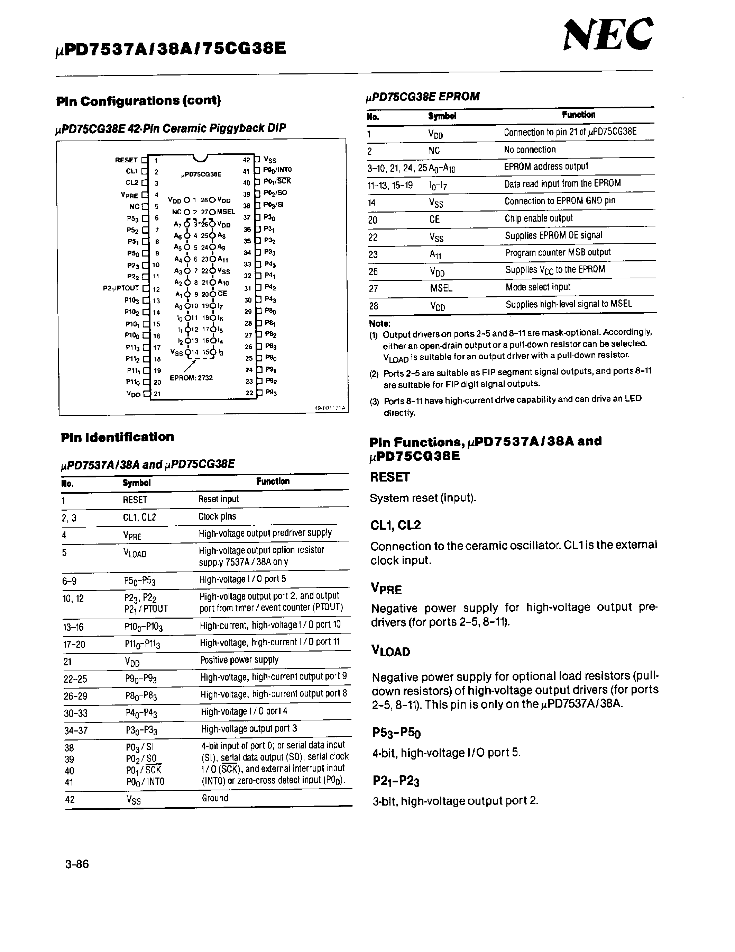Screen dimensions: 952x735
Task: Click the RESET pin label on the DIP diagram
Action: (x=126, y=160)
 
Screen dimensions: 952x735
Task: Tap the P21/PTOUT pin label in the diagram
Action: (x=121, y=288)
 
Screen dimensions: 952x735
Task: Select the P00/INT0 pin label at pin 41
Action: (x=277, y=170)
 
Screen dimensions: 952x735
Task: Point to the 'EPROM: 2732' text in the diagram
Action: (x=191, y=377)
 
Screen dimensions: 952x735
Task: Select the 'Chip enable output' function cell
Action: (x=539, y=218)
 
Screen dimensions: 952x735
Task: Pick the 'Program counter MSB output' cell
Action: (x=558, y=252)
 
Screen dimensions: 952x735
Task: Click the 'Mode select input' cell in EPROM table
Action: (x=538, y=287)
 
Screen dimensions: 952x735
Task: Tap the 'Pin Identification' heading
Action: (x=118, y=437)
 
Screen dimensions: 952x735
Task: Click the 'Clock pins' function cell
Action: (x=217, y=517)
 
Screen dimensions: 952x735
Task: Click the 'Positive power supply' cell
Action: (x=239, y=660)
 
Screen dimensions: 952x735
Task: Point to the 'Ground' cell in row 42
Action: (x=215, y=798)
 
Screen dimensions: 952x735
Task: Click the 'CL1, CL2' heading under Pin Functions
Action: (x=395, y=525)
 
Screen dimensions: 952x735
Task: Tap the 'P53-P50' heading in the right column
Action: (x=396, y=733)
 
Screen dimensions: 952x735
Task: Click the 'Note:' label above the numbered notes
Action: (x=380, y=323)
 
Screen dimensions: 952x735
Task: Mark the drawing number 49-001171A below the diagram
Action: (x=330, y=408)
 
